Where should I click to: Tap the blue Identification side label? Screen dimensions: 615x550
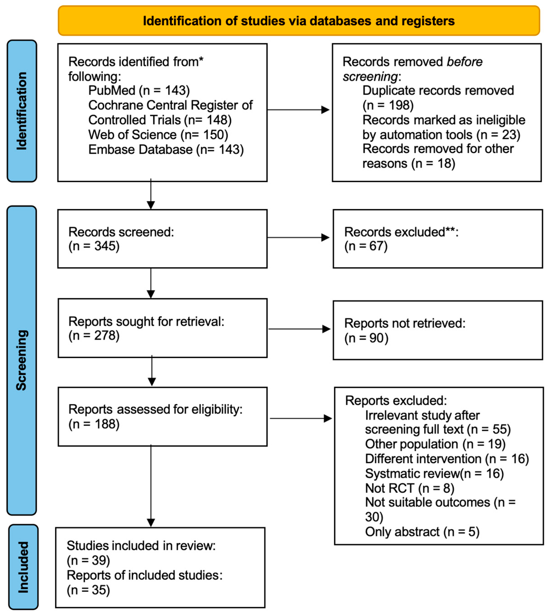point(22,111)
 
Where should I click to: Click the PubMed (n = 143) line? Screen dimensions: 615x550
point(139,90)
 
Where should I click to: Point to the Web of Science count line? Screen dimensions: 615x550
point(158,134)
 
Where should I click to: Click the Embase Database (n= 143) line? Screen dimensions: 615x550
point(166,149)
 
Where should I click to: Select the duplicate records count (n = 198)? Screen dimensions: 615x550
point(388,105)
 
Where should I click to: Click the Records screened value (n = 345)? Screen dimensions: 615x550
point(94,246)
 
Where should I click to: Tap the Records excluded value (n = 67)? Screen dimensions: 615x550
point(366,246)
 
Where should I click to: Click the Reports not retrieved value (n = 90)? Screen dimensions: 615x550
point(366,338)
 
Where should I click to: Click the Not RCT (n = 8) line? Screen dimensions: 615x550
point(409,488)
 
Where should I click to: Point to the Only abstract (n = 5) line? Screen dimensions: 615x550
point(422,532)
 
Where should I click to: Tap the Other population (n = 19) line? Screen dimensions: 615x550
point(435,444)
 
